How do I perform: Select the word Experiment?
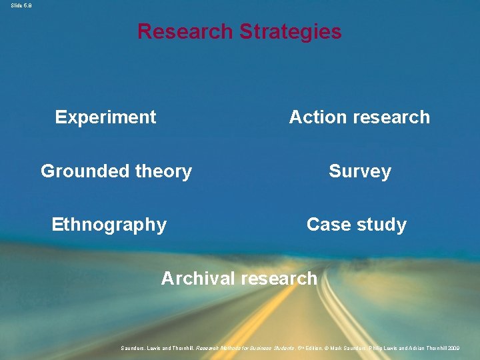pos(105,117)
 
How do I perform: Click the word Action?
pos(317,117)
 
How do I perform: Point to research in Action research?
pos(390,117)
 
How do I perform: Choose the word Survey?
pos(360,171)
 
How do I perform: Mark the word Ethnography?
pos(109,225)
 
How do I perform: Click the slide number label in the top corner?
pos(21,5)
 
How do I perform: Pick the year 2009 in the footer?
pos(453,348)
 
